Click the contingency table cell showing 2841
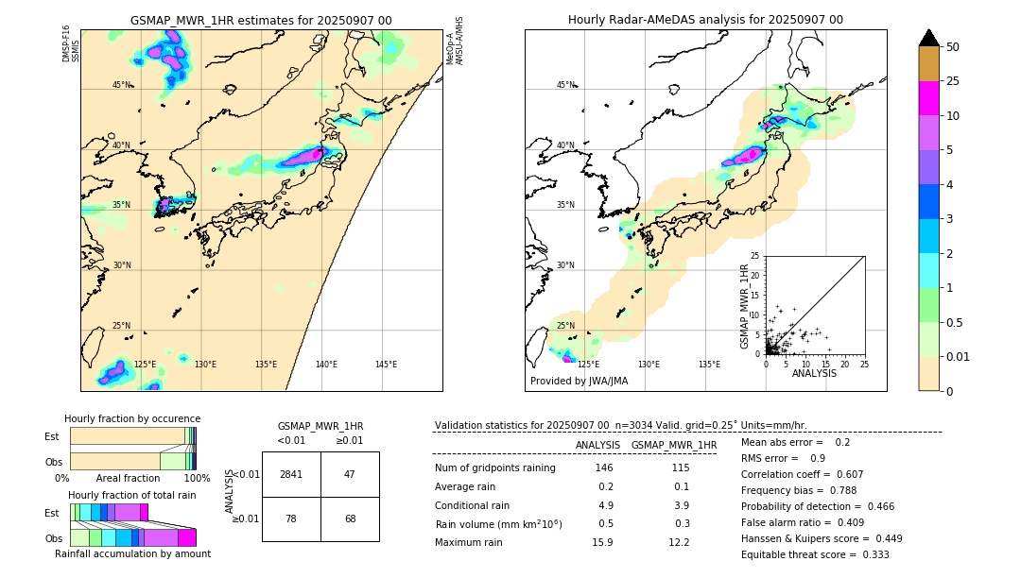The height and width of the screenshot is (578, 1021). pos(291,474)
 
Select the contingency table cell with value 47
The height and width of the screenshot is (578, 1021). pos(350,474)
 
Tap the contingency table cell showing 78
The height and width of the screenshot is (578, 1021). pos(291,518)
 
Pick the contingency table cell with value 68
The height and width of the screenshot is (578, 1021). pos(350,518)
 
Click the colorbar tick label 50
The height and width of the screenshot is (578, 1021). pos(953,47)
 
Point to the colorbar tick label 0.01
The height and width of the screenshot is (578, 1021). pos(959,356)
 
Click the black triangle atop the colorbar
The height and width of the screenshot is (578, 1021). pos(929,38)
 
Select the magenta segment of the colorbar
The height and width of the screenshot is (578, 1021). pos(929,98)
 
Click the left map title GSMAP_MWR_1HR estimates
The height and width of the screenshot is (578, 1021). pos(261,20)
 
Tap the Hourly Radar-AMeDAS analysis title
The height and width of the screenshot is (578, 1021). pos(705,20)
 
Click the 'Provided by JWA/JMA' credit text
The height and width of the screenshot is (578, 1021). pos(579,382)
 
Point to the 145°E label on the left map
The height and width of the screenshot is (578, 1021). pos(386,365)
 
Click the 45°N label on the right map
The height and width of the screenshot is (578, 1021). pos(565,85)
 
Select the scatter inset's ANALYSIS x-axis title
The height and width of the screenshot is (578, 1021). pos(814,373)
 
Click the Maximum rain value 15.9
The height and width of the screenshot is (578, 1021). pos(601,542)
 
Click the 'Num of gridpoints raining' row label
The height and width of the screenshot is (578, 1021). pos(494,468)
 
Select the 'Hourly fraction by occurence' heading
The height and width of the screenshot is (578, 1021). pos(131,418)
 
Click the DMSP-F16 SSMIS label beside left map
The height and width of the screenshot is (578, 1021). pos(71,44)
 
